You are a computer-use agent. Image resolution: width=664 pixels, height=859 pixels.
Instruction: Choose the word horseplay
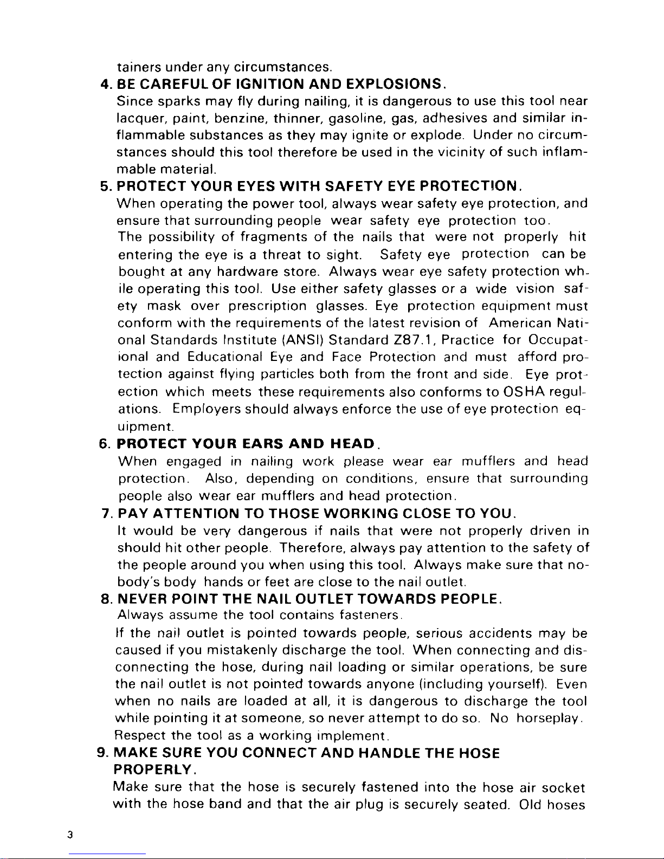point(549,719)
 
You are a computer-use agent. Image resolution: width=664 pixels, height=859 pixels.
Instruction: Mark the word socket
point(562,787)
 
